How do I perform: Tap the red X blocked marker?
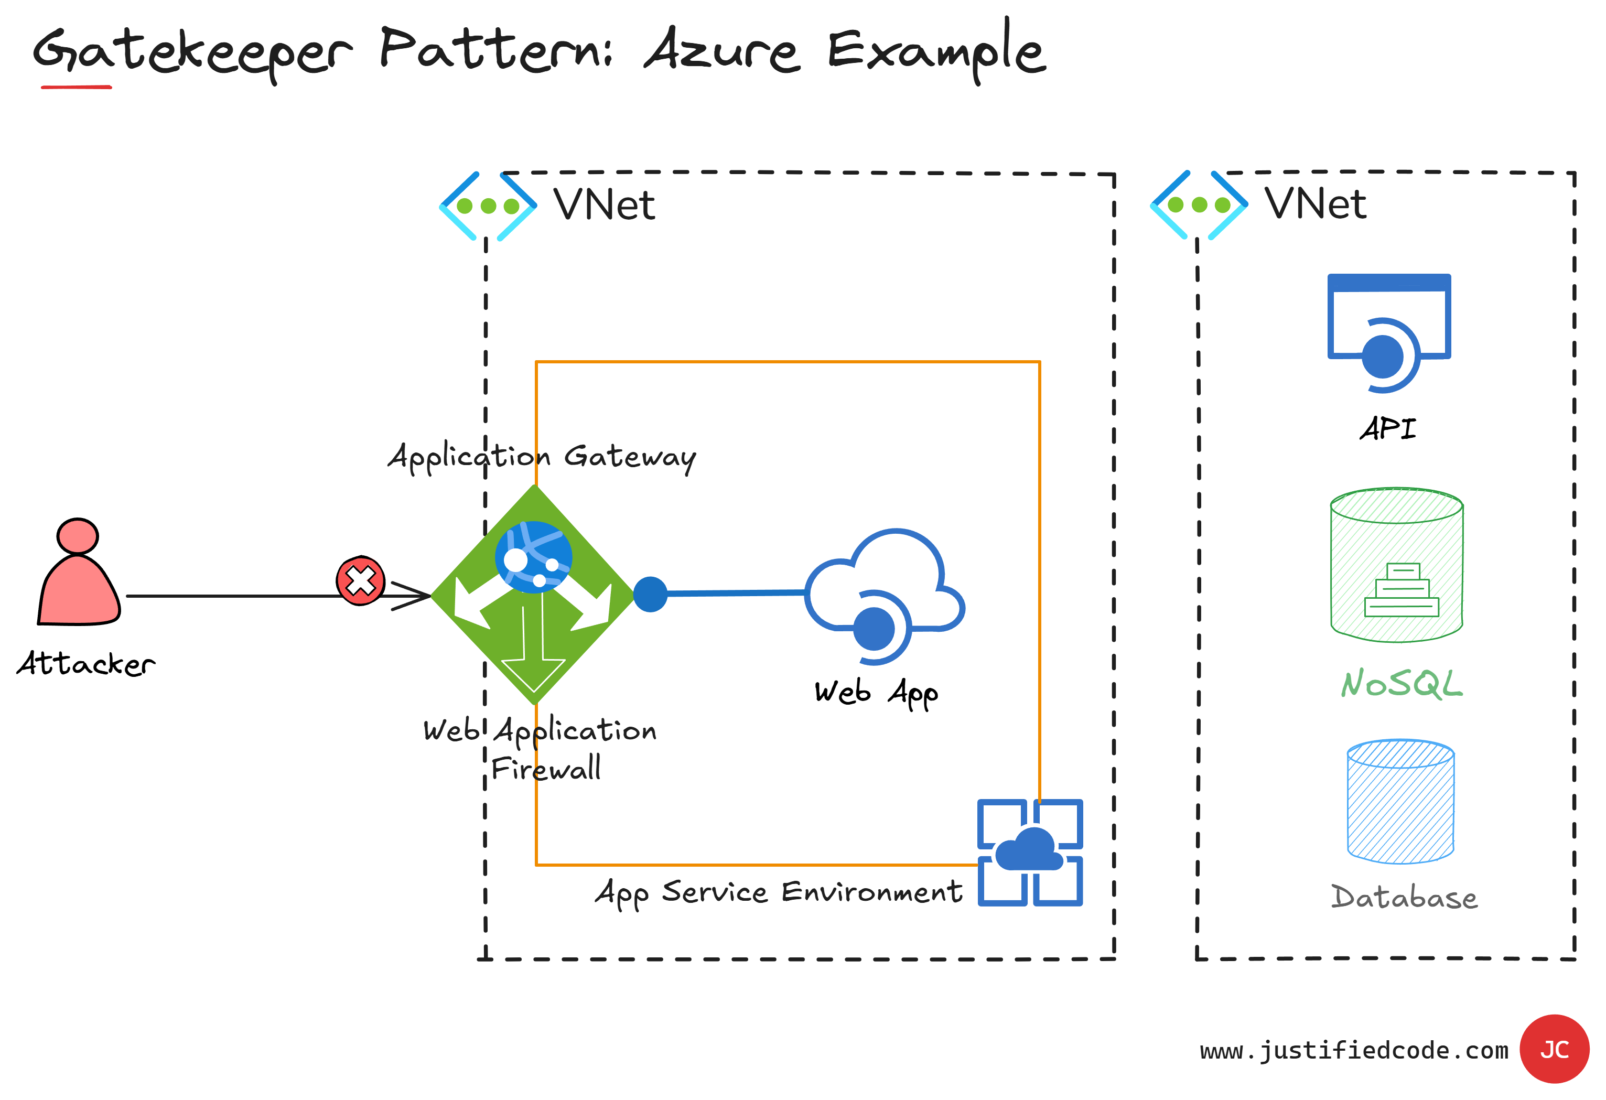(x=360, y=580)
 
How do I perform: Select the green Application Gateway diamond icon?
(x=533, y=594)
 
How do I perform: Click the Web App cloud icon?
(x=885, y=596)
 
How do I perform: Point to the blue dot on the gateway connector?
(x=650, y=594)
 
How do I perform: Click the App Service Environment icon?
(x=1030, y=852)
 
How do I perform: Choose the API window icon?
(x=1389, y=332)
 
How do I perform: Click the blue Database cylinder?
(x=1401, y=802)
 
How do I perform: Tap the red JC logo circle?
(x=1555, y=1049)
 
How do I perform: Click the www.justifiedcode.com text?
(x=1354, y=1050)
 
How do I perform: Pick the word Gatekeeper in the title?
(x=192, y=52)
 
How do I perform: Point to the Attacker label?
(x=87, y=664)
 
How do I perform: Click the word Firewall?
(x=546, y=768)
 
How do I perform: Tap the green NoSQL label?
(x=1402, y=684)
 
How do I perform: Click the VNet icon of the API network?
(x=1199, y=204)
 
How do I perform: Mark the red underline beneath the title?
(x=76, y=87)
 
